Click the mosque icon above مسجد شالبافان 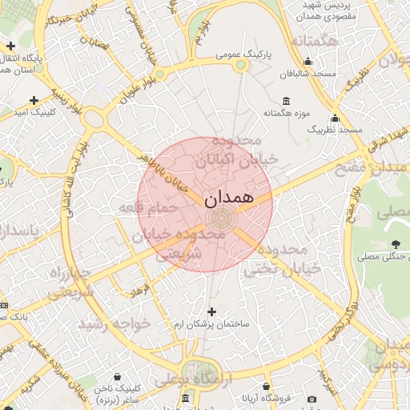click(x=307, y=61)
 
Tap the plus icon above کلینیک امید click(x=34, y=100)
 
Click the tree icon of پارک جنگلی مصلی click(x=396, y=243)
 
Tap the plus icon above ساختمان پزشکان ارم click(x=211, y=312)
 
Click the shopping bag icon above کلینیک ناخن click(x=118, y=376)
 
